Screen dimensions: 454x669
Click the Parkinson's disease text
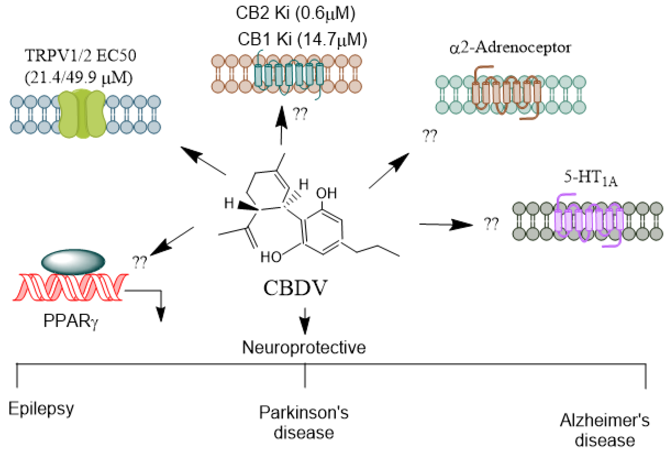tap(304, 422)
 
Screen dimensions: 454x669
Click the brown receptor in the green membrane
tap(507, 92)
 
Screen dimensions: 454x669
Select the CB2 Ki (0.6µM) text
tap(296, 13)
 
